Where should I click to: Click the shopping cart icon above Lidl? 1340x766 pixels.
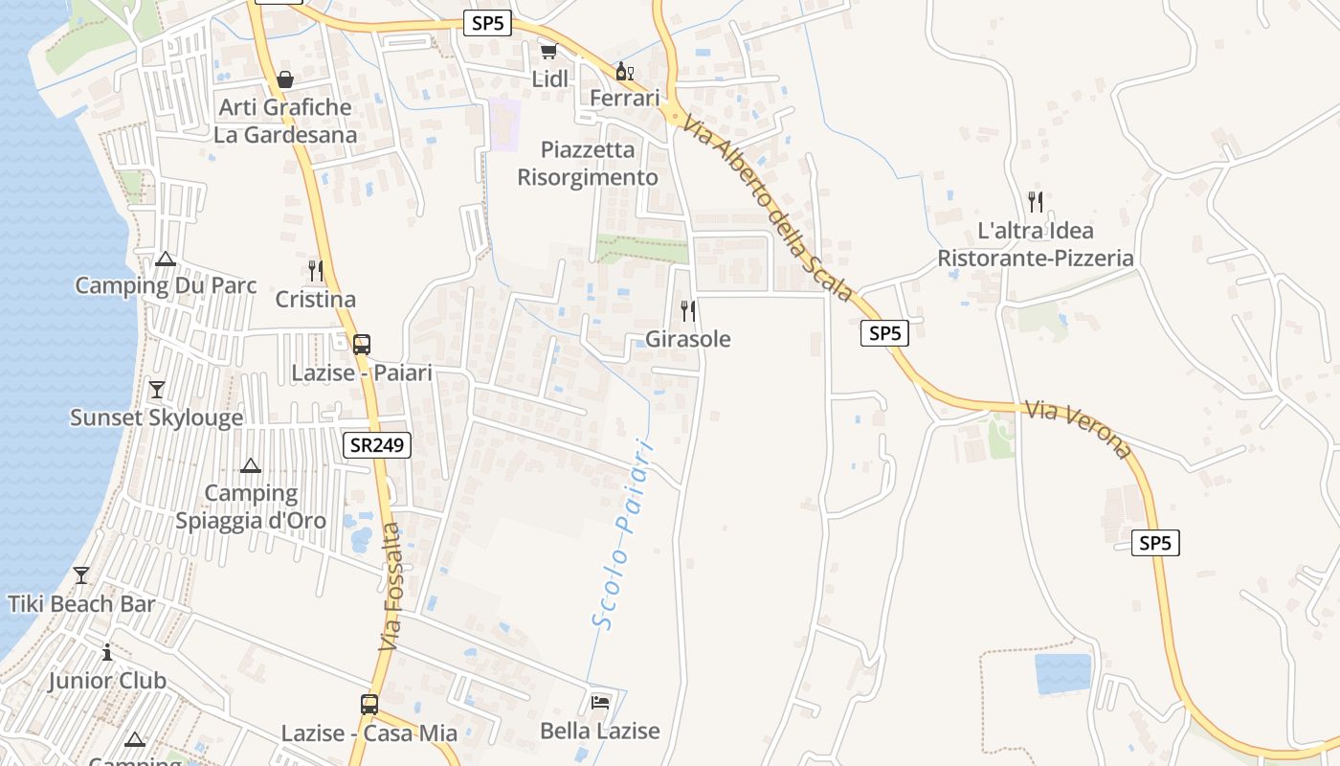[x=548, y=52]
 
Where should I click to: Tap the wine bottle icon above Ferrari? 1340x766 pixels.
[x=624, y=71]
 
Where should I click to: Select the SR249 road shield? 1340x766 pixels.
[x=377, y=444]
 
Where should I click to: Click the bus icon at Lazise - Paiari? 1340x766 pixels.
[x=362, y=345]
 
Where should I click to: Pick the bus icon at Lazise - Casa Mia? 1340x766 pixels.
[x=369, y=705]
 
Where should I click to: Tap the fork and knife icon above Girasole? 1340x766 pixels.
[x=687, y=310]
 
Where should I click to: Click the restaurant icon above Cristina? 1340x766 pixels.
[x=315, y=271]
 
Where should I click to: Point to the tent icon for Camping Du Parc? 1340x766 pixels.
[x=166, y=259]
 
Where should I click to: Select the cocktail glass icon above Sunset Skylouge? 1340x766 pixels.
[x=157, y=390]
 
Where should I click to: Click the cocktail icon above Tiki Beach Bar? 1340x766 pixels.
[x=81, y=575]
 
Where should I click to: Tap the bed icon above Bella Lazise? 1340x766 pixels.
[x=600, y=703]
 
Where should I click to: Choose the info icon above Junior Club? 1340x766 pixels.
[x=107, y=653]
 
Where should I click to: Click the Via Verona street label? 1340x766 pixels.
[x=1078, y=429]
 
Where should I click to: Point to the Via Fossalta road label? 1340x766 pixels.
[x=391, y=588]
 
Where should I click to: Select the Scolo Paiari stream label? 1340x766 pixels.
[x=622, y=534]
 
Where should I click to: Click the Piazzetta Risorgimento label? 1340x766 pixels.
[x=588, y=164]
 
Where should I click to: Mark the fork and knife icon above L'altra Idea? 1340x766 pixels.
[x=1035, y=202]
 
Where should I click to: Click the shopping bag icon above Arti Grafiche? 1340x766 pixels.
[x=284, y=79]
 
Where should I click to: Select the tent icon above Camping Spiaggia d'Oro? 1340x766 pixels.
[x=251, y=466]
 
